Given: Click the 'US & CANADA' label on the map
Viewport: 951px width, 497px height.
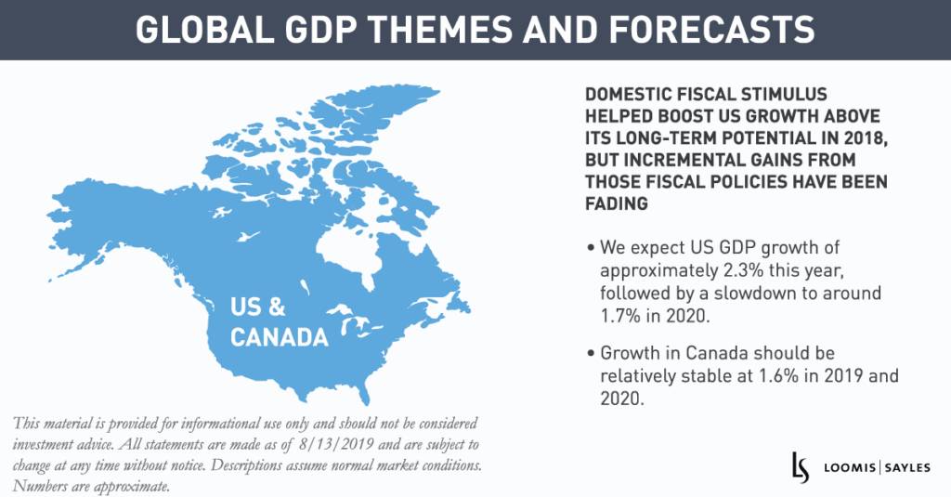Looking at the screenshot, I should tap(279, 320).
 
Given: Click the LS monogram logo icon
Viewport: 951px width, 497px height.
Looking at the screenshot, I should tap(799, 464).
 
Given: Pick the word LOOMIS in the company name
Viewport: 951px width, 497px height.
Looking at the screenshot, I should tap(847, 466).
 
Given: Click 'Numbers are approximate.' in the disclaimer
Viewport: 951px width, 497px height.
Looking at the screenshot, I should tap(91, 486).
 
